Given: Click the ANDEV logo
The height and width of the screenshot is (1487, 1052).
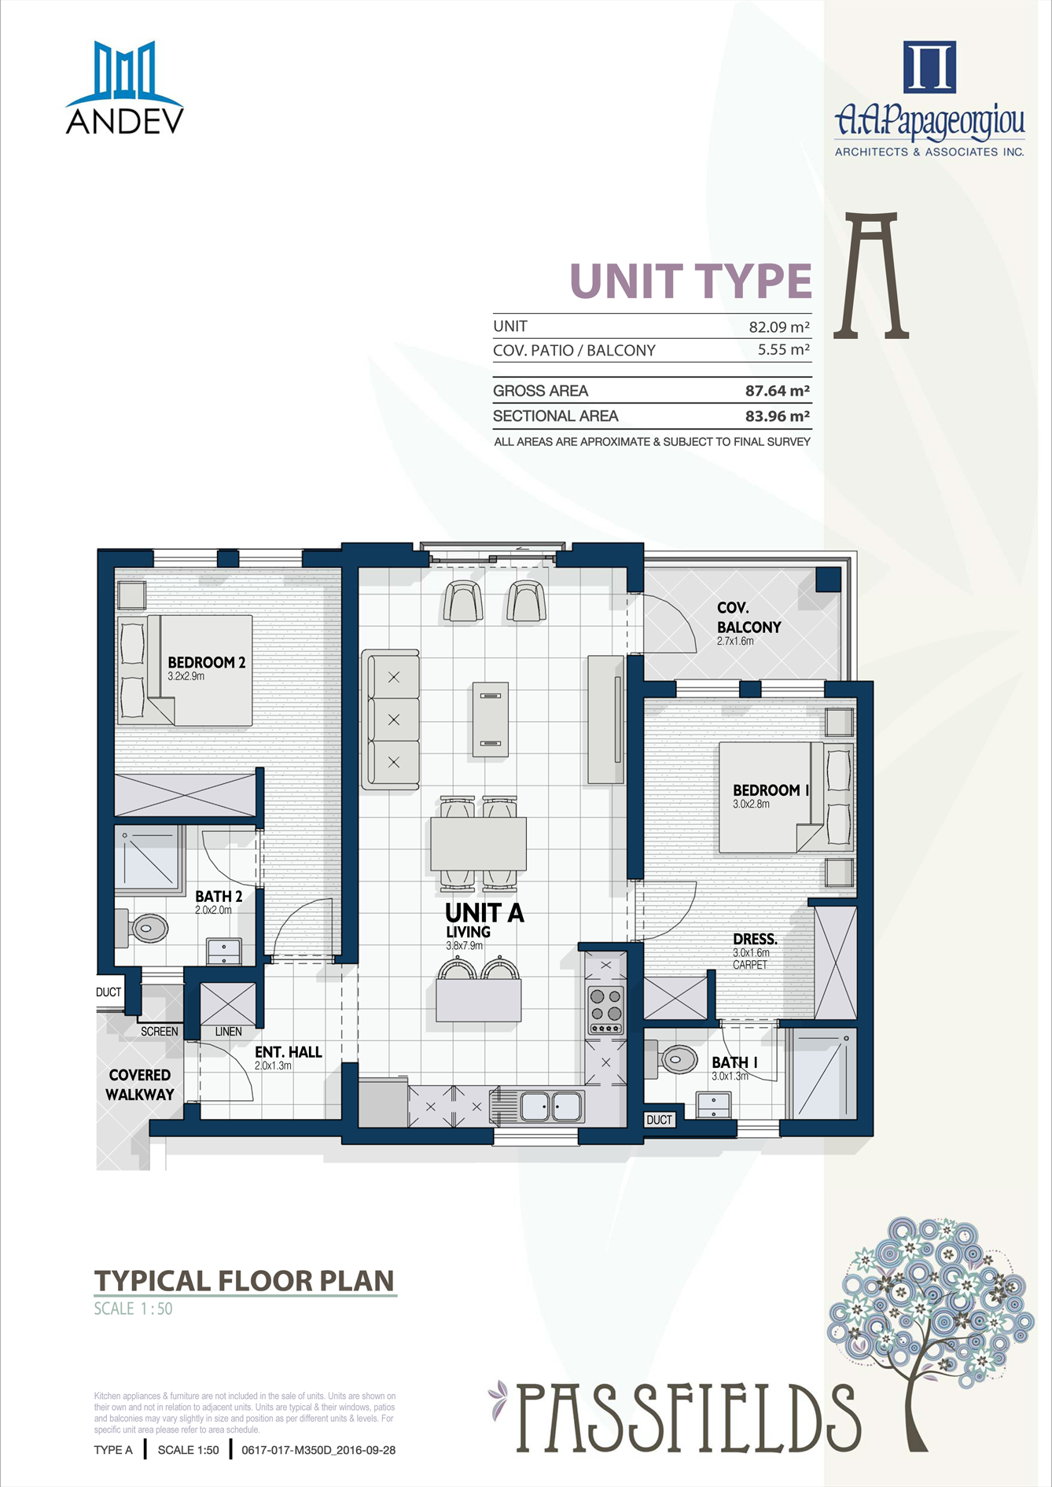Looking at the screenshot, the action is point(124,87).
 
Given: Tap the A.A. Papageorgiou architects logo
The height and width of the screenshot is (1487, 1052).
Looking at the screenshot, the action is point(929,99).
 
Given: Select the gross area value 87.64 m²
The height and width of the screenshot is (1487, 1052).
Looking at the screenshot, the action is point(778,391).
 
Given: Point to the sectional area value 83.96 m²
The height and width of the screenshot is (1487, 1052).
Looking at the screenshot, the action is point(778,416).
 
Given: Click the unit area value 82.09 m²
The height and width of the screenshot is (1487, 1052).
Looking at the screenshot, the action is point(779,326).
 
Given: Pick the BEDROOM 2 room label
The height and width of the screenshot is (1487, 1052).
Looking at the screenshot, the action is point(207,662).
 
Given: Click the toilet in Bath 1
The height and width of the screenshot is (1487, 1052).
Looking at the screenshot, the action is point(671,1058).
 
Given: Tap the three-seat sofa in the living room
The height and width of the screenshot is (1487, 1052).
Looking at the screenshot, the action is point(391,719).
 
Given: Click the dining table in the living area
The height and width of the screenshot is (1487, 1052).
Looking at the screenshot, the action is point(478,844).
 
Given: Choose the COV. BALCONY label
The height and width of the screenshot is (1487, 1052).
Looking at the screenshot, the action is point(749,618).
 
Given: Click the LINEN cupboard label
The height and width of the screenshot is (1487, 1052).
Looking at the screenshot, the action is point(229,1031).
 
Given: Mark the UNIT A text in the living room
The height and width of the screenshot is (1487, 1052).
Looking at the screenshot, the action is point(484,913).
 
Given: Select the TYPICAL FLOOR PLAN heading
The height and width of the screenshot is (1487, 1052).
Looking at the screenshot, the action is point(245,1281).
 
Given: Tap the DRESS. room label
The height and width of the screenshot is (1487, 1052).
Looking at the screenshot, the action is point(755,939).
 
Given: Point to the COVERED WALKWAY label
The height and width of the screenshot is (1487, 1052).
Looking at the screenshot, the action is point(140,1084).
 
